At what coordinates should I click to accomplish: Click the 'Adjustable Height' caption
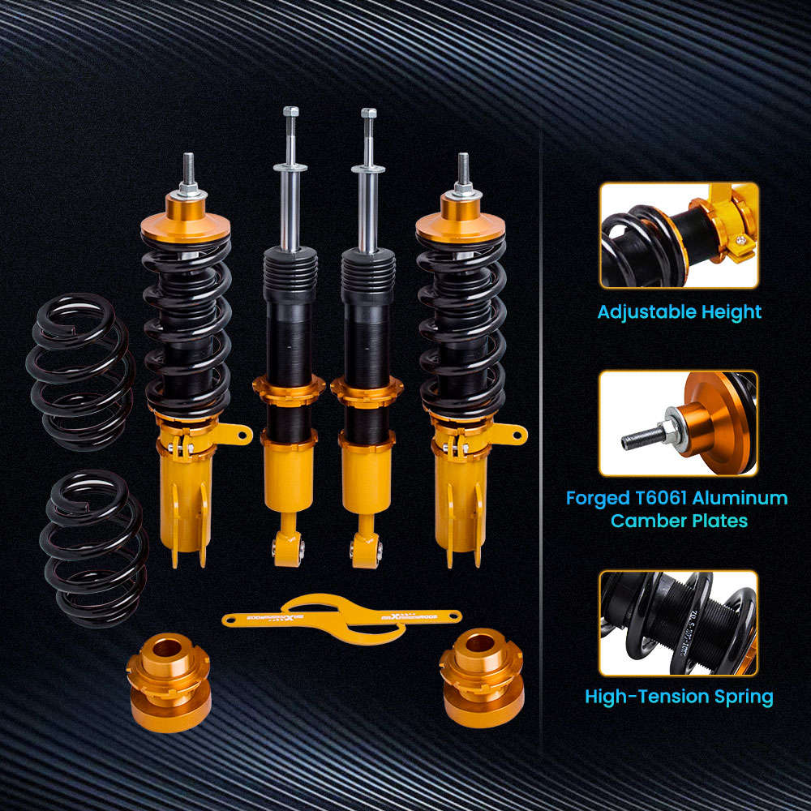[679, 311]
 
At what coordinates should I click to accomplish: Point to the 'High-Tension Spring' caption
[679, 696]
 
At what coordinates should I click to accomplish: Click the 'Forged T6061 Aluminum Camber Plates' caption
[676, 508]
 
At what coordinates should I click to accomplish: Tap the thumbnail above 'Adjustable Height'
[679, 235]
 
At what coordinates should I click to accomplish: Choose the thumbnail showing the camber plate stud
[679, 423]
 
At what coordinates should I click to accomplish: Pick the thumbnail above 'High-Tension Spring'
[679, 622]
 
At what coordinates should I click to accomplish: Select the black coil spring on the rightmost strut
[461, 324]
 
